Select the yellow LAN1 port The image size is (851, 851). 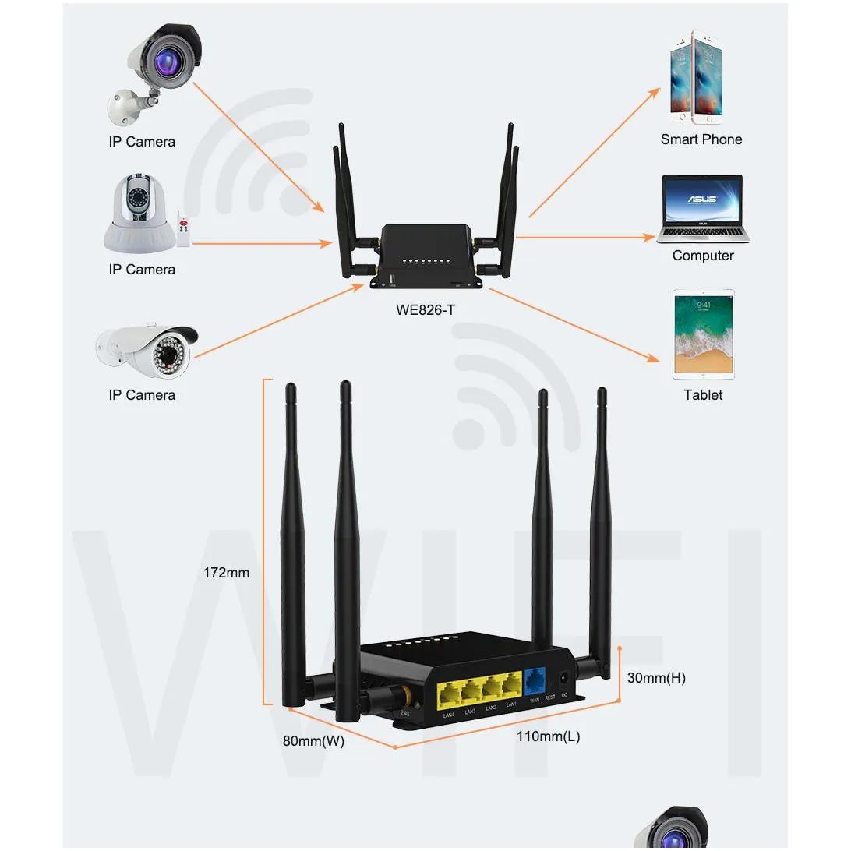point(511,686)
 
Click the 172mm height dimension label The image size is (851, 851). point(226,573)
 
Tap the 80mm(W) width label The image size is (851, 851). point(313,741)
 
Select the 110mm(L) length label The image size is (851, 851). point(549,736)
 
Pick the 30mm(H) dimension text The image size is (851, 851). point(656,678)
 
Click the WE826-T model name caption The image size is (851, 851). point(425,309)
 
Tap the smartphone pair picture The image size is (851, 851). point(697,78)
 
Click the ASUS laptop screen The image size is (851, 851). point(701,200)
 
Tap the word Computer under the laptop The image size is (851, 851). point(703,256)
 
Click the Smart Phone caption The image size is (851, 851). point(701,139)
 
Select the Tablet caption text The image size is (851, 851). point(703,395)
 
